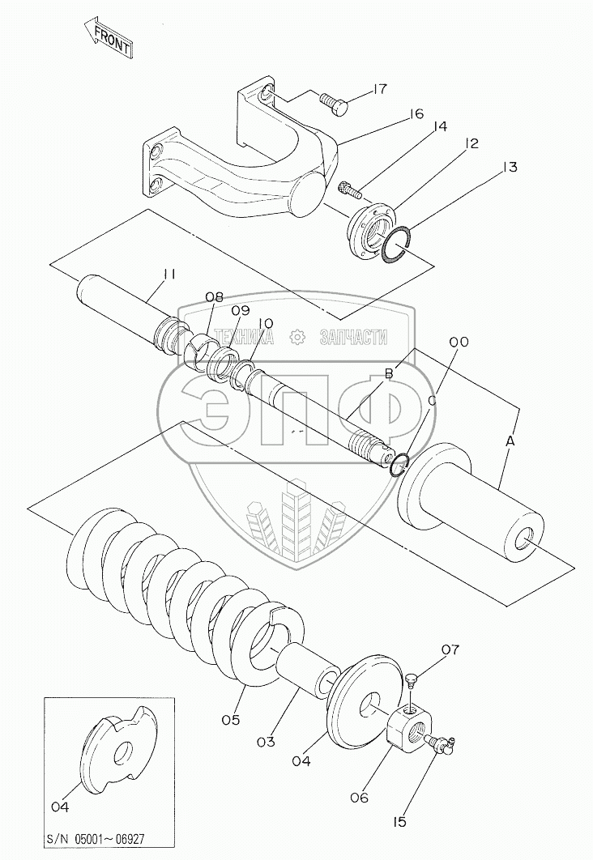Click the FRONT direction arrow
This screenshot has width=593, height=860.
click(107, 39)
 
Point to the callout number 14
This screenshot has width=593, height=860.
click(440, 127)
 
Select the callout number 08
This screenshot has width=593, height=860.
click(213, 296)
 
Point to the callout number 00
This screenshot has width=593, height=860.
click(459, 343)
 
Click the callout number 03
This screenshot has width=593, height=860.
click(267, 741)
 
